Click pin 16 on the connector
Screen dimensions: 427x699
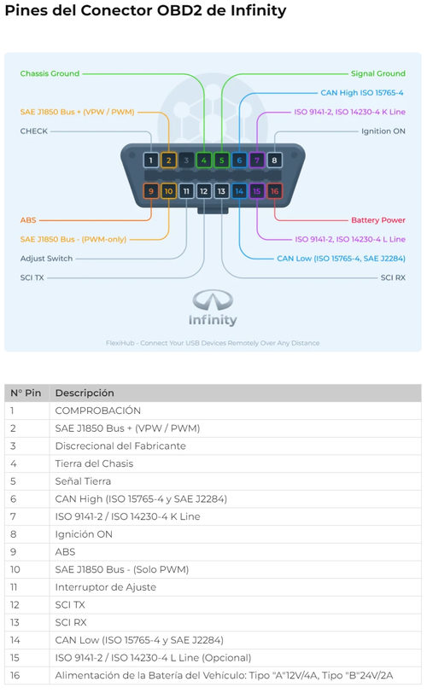(274, 191)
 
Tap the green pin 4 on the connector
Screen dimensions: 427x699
(204, 160)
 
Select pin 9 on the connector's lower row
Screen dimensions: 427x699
(151, 191)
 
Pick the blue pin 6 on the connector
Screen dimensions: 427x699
(239, 160)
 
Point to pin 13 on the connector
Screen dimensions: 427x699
(221, 191)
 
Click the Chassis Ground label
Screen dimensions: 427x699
(50, 73)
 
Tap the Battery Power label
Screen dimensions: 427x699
(378, 220)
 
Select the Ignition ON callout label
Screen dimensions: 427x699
(383, 131)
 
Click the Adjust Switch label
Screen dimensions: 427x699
(46, 259)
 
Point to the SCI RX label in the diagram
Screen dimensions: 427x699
(393, 277)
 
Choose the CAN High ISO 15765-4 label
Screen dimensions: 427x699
(362, 93)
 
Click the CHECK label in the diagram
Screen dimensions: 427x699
(34, 131)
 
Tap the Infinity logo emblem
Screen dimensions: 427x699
(213, 300)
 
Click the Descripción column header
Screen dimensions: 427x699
(85, 393)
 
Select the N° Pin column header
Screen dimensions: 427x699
(26, 393)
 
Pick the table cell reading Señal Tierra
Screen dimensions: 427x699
(83, 481)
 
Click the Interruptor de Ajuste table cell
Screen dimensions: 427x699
(106, 587)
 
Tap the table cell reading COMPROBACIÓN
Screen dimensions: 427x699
(98, 411)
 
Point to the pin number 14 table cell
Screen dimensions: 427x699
(15, 640)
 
